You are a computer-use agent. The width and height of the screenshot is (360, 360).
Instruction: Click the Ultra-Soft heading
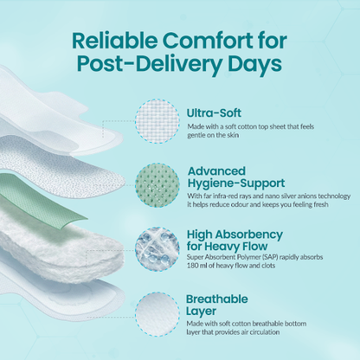214,112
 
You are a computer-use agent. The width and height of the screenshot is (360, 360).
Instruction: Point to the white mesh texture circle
157,121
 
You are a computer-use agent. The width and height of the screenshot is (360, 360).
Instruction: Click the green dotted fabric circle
157,185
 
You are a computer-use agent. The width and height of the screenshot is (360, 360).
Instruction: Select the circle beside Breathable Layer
157,314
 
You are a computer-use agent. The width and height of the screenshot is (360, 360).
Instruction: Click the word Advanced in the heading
216,170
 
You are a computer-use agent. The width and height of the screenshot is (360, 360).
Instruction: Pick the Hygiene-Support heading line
236,183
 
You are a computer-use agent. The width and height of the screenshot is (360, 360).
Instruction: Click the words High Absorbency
235,235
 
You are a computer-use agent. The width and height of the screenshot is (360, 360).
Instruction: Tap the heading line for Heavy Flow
227,247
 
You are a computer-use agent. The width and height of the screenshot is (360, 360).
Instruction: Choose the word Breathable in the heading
217,299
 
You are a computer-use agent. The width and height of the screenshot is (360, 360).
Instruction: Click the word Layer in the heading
201,312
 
